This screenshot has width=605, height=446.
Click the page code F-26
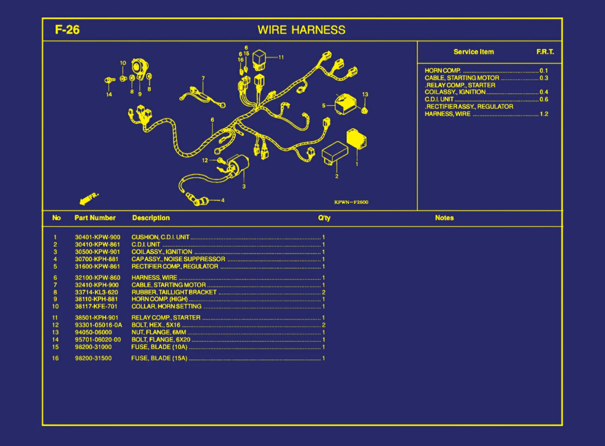(x=67, y=30)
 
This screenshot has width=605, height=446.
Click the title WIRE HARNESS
(x=301, y=30)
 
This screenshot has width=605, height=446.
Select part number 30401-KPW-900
(x=97, y=237)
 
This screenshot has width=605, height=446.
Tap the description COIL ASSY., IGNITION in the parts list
(x=162, y=252)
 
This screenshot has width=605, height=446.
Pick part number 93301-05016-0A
(x=98, y=325)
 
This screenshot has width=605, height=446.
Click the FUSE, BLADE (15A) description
(x=159, y=358)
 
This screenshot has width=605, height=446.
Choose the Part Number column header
(x=95, y=218)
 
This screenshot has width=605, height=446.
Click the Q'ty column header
(x=324, y=218)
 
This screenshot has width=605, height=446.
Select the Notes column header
(x=444, y=218)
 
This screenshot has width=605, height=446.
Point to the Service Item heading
(x=474, y=52)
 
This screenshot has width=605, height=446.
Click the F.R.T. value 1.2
(x=544, y=114)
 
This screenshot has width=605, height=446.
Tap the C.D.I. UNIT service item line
(x=439, y=99)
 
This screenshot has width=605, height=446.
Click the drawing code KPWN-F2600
(x=351, y=202)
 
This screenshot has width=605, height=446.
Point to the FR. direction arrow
(x=88, y=199)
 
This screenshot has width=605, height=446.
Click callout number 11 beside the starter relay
(x=281, y=57)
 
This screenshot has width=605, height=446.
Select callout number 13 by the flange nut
(x=365, y=95)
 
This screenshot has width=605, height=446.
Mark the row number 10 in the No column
(x=55, y=306)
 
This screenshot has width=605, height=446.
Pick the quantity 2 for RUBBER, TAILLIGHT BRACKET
(x=323, y=292)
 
